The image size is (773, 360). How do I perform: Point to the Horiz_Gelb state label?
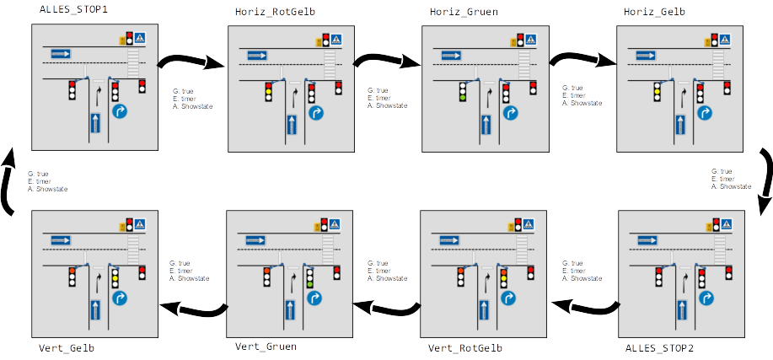[654, 12]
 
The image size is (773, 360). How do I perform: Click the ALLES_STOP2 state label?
[660, 347]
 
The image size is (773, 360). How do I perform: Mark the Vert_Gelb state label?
[67, 347]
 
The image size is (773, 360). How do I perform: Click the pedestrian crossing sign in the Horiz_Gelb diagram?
[724, 39]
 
